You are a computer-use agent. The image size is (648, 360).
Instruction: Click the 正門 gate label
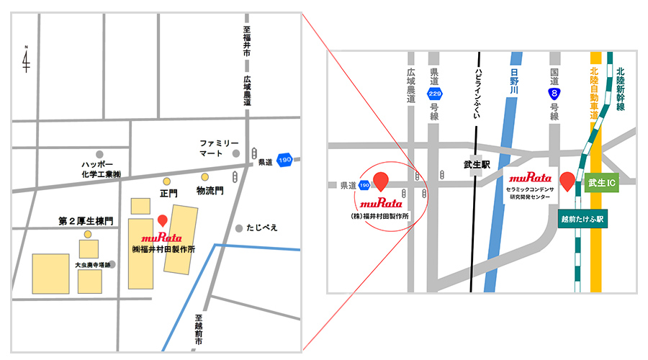[168, 194]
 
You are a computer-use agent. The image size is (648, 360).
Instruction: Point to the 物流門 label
[210, 191]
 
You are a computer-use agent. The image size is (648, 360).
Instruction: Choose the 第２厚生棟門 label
[85, 220]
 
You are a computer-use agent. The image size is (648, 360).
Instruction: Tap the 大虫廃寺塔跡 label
[89, 265]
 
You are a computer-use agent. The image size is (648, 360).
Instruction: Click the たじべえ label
[261, 228]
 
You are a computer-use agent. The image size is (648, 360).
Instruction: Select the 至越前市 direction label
[199, 330]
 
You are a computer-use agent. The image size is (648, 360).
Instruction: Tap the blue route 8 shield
[554, 93]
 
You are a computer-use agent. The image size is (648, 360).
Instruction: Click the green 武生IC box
[601, 184]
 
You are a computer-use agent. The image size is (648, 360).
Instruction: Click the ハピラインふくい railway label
[476, 91]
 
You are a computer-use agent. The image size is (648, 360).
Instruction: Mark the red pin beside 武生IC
[567, 181]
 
